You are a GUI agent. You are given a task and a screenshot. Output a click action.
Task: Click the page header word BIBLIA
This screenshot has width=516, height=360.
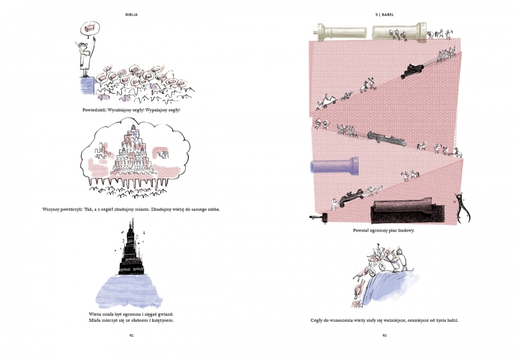point(131,15)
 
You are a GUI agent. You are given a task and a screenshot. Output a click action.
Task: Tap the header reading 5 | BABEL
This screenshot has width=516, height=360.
point(384,15)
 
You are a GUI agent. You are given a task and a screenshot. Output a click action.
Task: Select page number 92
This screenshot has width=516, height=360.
point(131,336)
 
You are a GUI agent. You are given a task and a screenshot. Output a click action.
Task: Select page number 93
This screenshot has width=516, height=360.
point(384,336)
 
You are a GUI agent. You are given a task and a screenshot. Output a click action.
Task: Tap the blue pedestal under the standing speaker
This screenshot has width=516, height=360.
point(87,86)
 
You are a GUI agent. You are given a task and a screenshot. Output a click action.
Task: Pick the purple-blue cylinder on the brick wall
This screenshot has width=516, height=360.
point(334,166)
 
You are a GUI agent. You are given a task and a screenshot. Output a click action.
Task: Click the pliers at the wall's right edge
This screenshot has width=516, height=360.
point(463,208)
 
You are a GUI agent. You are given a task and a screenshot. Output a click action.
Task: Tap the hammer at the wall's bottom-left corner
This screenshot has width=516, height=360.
point(319,217)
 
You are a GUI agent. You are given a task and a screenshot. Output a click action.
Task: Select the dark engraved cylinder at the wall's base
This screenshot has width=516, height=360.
point(408,210)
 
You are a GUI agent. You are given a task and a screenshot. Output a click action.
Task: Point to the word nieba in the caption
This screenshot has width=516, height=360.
point(213,209)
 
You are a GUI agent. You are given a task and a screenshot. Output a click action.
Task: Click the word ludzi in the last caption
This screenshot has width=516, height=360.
point(452,320)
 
